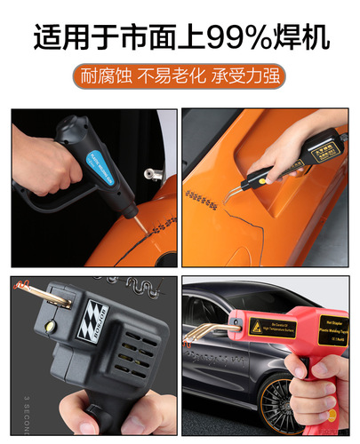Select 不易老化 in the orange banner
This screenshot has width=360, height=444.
point(172,76)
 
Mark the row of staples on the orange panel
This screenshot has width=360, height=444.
point(203,199)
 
